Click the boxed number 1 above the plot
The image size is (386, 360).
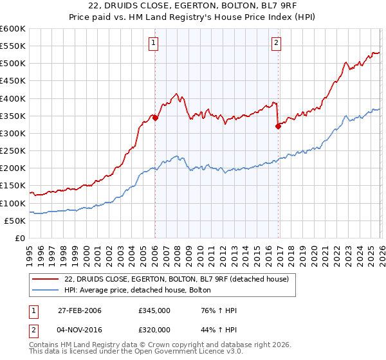pos(154,43)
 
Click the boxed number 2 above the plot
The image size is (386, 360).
pos(276,43)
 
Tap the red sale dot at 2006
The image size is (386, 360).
pos(155,118)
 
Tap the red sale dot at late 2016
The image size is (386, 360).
pos(278,127)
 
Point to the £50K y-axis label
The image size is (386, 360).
pos(15,221)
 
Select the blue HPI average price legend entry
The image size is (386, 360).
pos(142,291)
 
